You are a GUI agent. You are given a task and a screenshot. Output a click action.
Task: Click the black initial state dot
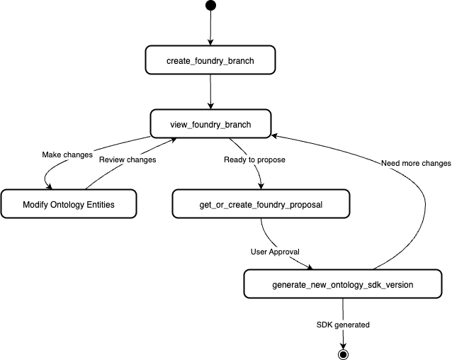click(210, 6)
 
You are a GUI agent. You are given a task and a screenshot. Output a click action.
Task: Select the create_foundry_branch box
click(210, 60)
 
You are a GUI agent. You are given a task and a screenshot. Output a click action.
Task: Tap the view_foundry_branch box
click(210, 123)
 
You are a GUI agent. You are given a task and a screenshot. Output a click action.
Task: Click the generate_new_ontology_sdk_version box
click(343, 283)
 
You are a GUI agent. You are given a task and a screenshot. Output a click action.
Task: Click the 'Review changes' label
click(127, 159)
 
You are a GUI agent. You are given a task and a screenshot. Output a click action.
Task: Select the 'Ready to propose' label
click(254, 159)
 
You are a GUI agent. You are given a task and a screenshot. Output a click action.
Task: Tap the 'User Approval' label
click(276, 251)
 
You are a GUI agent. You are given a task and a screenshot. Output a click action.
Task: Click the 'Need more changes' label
click(416, 163)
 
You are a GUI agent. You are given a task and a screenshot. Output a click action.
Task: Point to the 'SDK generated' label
click(343, 325)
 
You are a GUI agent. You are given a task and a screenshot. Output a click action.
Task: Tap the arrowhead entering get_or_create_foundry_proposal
click(261, 186)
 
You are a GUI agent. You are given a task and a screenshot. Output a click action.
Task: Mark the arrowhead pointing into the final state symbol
click(344, 344)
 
